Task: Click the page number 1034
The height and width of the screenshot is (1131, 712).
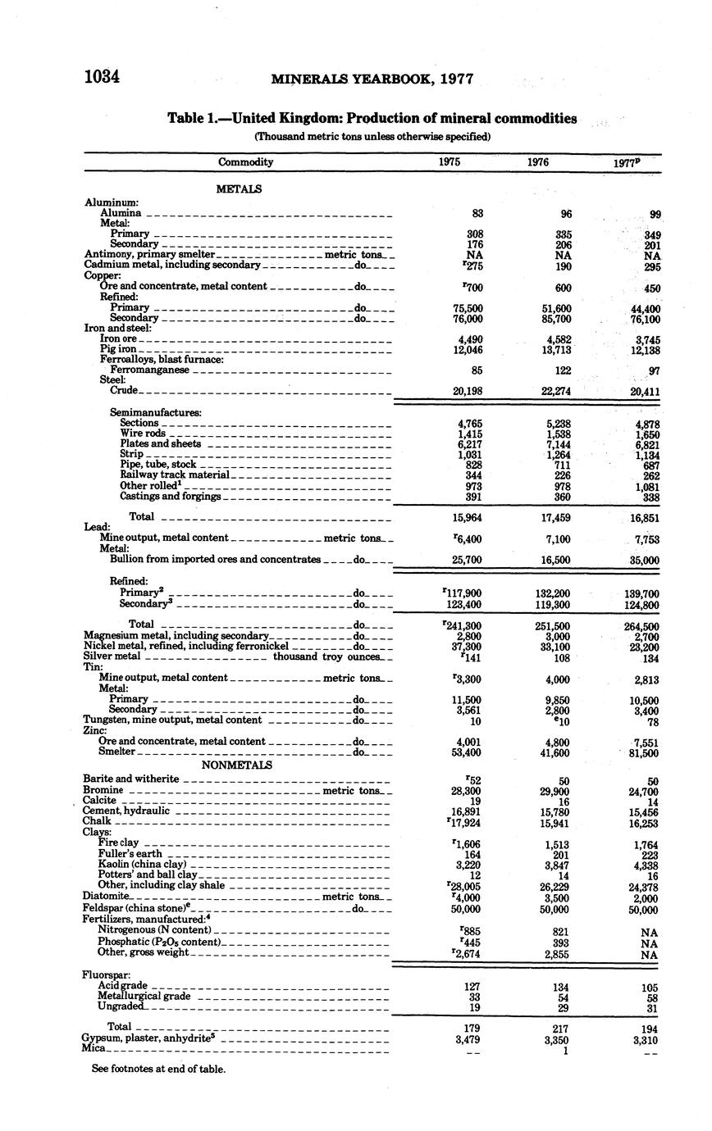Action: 103,78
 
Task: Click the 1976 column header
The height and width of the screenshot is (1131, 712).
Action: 538,162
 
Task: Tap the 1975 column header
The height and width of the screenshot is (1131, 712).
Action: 449,162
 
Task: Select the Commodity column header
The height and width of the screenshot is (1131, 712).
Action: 245,162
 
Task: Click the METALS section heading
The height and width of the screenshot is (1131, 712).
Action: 239,189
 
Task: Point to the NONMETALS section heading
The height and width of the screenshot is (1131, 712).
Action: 238,765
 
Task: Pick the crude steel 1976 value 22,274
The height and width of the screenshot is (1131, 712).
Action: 555,391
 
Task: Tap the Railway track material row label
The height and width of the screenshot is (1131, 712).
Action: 175,475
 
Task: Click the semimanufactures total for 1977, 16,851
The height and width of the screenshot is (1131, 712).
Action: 645,518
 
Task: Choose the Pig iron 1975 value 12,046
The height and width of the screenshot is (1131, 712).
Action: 468,350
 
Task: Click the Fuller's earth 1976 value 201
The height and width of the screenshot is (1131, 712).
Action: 562,854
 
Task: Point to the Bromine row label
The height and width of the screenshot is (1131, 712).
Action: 103,790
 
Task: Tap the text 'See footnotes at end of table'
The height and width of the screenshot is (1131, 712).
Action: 158,1069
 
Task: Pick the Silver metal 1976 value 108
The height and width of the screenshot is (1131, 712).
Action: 560,657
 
